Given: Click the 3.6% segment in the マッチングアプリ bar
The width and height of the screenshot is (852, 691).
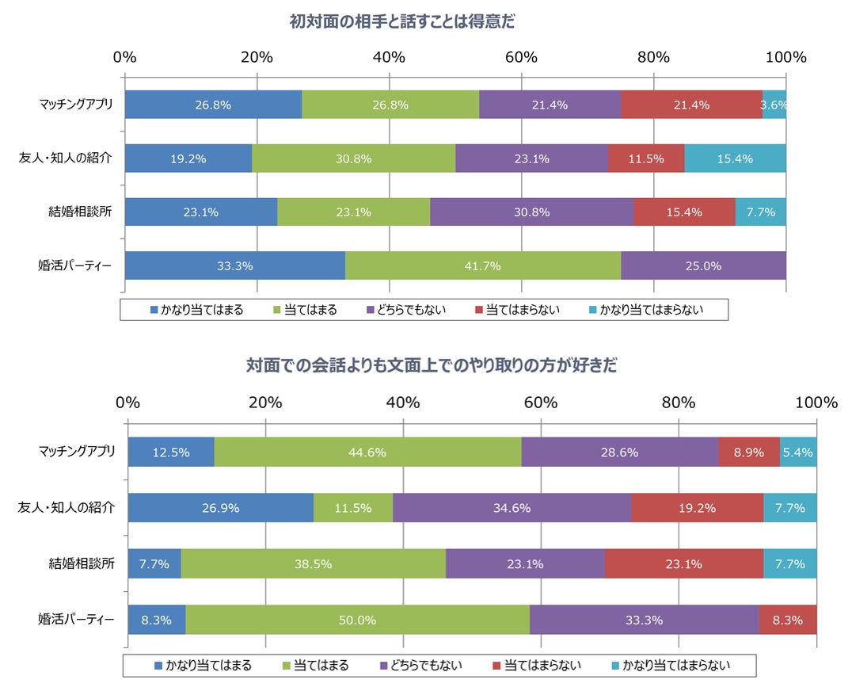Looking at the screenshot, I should coord(774,105).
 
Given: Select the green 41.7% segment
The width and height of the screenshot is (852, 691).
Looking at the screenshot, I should coord(482,266).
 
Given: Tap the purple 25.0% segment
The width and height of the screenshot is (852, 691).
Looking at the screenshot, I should coord(703,266).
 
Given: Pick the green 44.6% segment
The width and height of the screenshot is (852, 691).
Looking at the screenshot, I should coord(367,452).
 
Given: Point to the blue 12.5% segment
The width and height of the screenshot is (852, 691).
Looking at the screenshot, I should coord(171,452).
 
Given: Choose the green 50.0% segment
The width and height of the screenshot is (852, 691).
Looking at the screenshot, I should coord(357,620).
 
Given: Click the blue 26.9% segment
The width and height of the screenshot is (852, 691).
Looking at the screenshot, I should coord(220,508).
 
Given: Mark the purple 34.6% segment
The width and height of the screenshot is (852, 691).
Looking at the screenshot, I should coord(512,508).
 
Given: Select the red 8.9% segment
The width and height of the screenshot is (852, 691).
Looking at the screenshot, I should coord(748,452).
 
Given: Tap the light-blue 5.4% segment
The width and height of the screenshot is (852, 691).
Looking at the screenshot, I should coord(798,452).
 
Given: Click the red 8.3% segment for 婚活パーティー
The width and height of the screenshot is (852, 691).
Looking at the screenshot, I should coord(787,620).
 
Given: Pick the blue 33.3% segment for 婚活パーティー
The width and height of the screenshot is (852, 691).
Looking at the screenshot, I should coord(234,266).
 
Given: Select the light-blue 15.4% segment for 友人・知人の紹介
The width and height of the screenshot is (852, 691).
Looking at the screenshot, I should coord(734,158).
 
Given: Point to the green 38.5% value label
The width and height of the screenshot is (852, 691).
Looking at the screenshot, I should coord(313,564).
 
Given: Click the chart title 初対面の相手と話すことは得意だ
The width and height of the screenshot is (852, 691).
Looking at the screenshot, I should coord(402,22).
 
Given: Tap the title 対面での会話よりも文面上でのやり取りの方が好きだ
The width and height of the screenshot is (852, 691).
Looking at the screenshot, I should coord(432,366).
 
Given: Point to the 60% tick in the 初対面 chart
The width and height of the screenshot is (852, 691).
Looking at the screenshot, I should coord(522,57).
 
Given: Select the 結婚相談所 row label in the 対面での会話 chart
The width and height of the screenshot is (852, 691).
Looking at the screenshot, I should coord(82,564).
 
